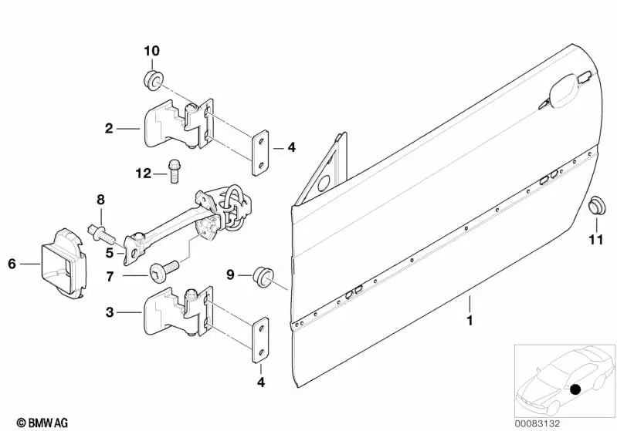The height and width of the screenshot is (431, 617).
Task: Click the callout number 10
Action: click(152, 51)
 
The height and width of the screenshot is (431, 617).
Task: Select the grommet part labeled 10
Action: click(152, 80)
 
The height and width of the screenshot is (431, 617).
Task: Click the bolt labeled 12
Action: click(174, 171)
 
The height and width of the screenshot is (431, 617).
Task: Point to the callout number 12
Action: click(143, 173)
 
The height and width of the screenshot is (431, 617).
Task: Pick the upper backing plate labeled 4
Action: click(260, 153)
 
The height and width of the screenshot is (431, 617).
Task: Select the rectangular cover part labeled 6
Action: click(63, 262)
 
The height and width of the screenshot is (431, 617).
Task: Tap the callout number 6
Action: click(12, 264)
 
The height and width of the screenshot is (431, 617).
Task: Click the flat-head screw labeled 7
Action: click(164, 271)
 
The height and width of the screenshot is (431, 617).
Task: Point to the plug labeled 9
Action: click(263, 276)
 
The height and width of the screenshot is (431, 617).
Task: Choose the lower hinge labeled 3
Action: click(178, 311)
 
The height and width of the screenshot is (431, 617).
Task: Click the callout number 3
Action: click(110, 312)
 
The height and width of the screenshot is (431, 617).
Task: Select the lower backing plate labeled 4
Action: click(260, 340)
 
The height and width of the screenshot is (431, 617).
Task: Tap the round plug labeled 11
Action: click(597, 207)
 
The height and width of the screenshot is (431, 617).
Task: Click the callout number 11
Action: click(595, 240)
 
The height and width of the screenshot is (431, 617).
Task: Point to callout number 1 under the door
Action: click(470, 321)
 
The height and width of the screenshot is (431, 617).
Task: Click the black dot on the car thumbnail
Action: click(575, 389)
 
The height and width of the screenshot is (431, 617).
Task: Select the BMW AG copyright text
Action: click(42, 423)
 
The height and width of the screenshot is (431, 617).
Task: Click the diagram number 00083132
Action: click(537, 423)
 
